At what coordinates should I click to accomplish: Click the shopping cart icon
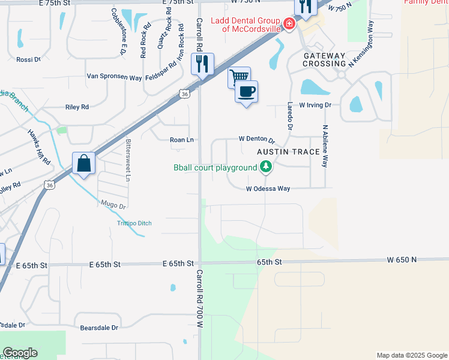tap(239, 77)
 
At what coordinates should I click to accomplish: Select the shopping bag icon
tap(83, 163)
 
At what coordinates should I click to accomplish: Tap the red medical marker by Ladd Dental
tap(289, 24)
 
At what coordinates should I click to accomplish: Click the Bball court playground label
tap(215, 167)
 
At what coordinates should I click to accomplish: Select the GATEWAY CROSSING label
tap(324, 60)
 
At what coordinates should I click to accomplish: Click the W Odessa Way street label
tap(268, 188)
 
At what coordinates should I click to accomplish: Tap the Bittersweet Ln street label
tap(128, 160)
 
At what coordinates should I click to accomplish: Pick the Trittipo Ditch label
tap(134, 223)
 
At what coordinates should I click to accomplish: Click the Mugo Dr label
tap(113, 205)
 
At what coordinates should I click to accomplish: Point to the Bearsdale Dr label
tap(100, 328)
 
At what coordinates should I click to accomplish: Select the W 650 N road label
tap(402, 260)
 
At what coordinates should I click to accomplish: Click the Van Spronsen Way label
tap(114, 77)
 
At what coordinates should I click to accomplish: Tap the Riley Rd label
tap(76, 107)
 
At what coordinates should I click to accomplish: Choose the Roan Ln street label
tap(182, 140)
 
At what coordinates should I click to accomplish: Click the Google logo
tap(20, 353)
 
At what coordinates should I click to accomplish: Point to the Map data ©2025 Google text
tap(411, 355)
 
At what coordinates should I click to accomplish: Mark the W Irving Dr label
tap(315, 105)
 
